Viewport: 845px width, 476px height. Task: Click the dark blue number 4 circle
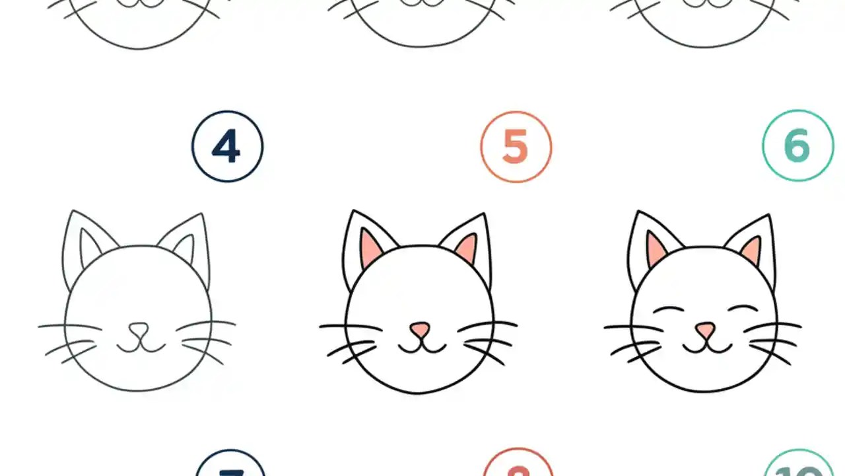click(227, 147)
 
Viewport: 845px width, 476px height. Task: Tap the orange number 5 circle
click(516, 147)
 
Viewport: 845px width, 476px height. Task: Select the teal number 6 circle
click(797, 146)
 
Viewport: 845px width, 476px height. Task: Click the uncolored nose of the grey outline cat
click(139, 329)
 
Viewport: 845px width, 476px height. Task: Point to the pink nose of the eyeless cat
click(420, 329)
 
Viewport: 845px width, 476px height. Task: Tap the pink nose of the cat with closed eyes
click(705, 329)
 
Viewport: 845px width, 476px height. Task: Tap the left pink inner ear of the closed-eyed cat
click(656, 248)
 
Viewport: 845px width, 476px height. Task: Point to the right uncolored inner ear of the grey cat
click(186, 248)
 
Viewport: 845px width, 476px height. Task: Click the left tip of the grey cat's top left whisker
click(40, 325)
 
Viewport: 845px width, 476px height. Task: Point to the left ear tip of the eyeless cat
click(353, 212)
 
